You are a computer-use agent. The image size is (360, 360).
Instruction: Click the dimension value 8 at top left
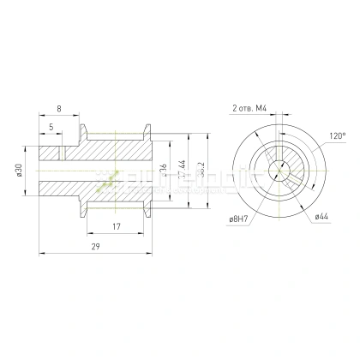(x=57, y=110)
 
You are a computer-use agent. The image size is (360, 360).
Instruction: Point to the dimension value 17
(x=115, y=227)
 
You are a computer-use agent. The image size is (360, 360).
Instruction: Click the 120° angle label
(x=337, y=136)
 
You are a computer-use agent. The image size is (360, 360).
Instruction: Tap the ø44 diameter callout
(x=322, y=216)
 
